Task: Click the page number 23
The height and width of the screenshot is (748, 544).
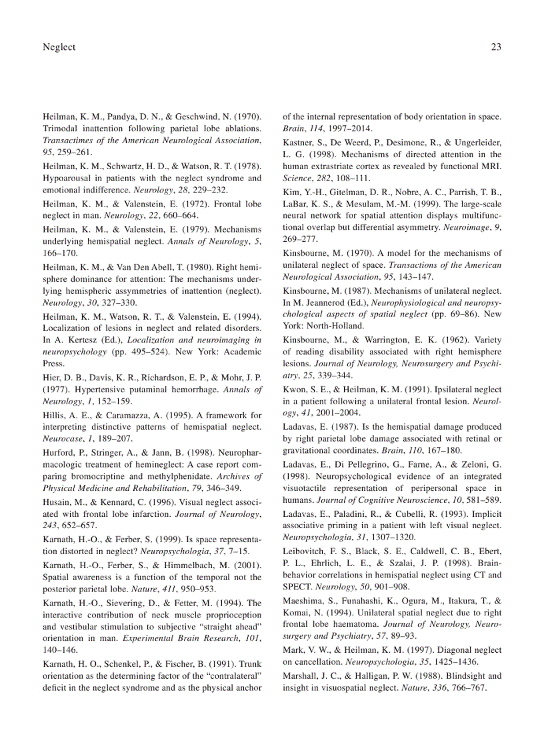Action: pyautogui.click(x=495, y=47)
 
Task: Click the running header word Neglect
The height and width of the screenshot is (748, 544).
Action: pyautogui.click(x=59, y=47)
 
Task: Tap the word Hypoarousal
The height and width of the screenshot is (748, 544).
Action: pyautogui.click(x=70, y=178)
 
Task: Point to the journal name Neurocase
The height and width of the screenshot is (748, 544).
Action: pyautogui.click(x=61, y=440)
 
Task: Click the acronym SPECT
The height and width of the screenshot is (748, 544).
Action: pyautogui.click(x=298, y=587)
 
